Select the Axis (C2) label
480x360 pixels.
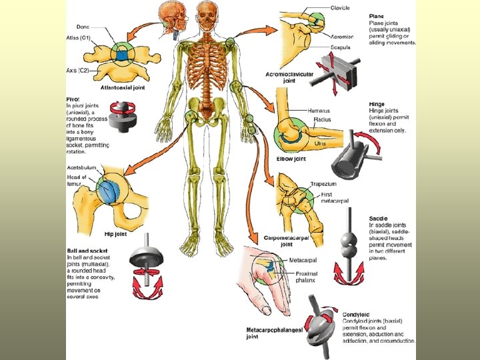tap(77, 70)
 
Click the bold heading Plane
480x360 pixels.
tap(377, 16)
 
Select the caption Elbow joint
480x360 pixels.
tap(291, 158)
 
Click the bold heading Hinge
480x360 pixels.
tap(378, 105)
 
